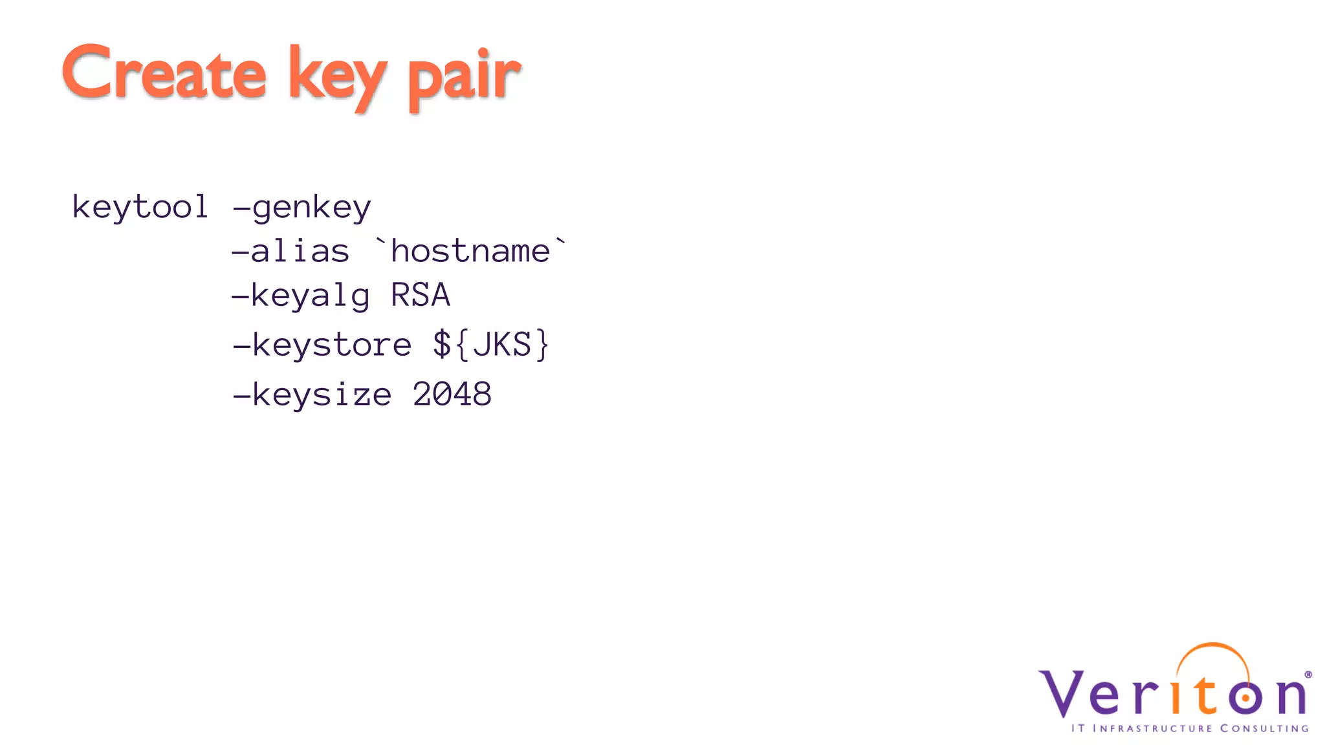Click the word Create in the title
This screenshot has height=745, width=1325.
click(x=164, y=73)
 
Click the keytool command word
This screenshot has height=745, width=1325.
click(x=140, y=207)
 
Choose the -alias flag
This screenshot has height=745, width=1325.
click(x=290, y=251)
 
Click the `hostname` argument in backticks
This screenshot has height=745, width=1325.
click(x=470, y=250)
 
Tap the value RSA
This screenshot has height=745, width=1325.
click(x=421, y=296)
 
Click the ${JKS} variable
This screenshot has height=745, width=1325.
click(x=491, y=344)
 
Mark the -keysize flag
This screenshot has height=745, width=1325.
click(x=312, y=394)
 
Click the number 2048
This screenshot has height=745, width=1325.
click(x=452, y=394)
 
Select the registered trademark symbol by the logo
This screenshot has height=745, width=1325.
click(x=1308, y=675)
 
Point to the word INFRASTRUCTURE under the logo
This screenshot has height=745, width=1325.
click(x=1152, y=729)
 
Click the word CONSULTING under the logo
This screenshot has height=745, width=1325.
click(x=1264, y=729)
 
